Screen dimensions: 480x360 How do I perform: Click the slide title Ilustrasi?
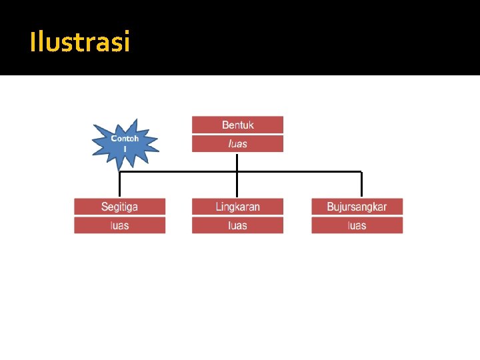tap(79, 43)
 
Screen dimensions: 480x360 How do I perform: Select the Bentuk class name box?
tap(237, 125)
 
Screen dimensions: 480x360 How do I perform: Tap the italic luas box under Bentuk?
tap(237, 143)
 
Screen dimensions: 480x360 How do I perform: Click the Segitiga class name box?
tap(119, 207)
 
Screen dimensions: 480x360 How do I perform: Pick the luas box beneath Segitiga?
tap(119, 225)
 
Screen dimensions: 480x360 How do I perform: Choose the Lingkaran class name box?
tap(237, 207)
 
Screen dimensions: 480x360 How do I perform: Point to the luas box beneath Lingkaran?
tap(237, 225)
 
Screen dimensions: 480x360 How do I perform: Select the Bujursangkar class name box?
tap(357, 207)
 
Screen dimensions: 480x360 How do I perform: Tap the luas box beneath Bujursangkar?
tap(357, 225)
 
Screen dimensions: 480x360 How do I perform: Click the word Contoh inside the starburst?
tap(125, 139)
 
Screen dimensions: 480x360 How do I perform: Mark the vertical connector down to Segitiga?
tap(119, 185)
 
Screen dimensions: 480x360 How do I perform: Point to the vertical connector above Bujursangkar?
tap(361, 185)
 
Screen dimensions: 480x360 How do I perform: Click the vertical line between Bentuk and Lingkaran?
tap(237, 162)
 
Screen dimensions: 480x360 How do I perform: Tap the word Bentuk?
tap(237, 125)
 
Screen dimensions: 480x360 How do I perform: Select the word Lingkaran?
tap(237, 207)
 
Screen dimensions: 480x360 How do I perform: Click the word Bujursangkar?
tap(357, 207)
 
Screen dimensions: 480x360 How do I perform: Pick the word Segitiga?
tap(119, 207)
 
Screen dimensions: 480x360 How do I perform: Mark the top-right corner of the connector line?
tap(361, 172)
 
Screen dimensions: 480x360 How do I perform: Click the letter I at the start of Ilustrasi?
tap(32, 43)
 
